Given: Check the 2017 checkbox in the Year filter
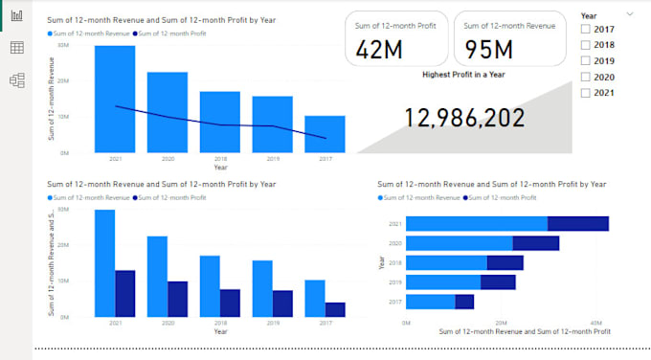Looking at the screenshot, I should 586,30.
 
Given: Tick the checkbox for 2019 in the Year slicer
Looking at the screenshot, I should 586,60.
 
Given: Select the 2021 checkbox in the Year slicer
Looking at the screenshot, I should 586,92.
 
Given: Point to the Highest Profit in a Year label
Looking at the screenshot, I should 463,73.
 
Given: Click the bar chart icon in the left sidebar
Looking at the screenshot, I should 16,16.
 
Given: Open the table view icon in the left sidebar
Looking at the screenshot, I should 16,48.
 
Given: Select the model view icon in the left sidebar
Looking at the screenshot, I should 16,80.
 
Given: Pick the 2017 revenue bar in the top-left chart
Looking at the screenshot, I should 325,134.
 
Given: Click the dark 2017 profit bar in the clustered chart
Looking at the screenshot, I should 334,309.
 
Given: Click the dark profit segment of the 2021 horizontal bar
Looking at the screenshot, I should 577,224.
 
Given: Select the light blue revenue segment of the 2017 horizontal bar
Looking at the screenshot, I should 430,302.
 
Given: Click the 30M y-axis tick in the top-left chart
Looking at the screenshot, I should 61,45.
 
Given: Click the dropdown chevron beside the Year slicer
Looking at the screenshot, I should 629,14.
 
